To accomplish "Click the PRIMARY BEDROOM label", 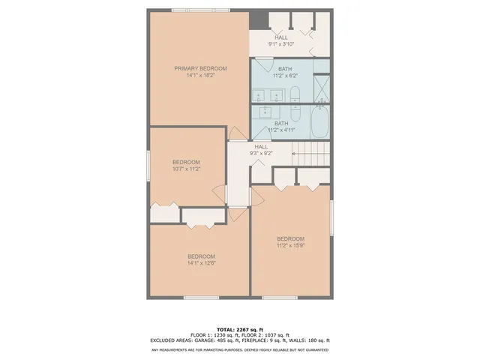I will tap(200, 68).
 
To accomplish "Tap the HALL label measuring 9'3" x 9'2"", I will tap(262, 153).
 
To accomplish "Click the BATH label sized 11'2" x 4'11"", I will tap(281, 130).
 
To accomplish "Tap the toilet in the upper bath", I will tap(295, 94).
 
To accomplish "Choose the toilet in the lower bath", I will tap(295, 112).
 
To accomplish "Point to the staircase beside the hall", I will tap(310, 155).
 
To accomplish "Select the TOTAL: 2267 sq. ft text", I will tap(240, 329).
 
